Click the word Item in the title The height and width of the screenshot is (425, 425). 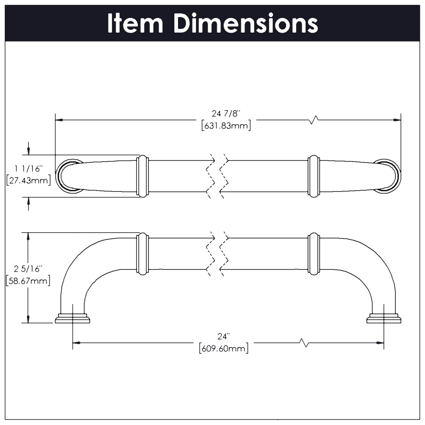tap(135, 23)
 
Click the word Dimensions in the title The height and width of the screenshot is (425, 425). tap(245, 23)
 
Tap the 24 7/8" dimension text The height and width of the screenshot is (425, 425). tap(226, 113)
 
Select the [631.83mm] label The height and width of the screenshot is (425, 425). tap(226, 126)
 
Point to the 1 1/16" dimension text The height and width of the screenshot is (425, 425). tap(28, 168)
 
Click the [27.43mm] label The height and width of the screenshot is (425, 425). tap(28, 180)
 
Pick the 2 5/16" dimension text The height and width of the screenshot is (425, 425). tap(28, 269)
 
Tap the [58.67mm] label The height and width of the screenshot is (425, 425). tap(28, 280)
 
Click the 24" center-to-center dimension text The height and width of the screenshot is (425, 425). tap(223, 336)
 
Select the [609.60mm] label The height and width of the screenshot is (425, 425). tap(223, 349)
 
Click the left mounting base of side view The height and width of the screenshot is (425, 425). tap(72, 319)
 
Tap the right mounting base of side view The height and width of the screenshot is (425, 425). tap(383, 319)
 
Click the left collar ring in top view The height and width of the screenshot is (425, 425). tap(143, 176)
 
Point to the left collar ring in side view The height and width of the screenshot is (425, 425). tap(143, 254)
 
